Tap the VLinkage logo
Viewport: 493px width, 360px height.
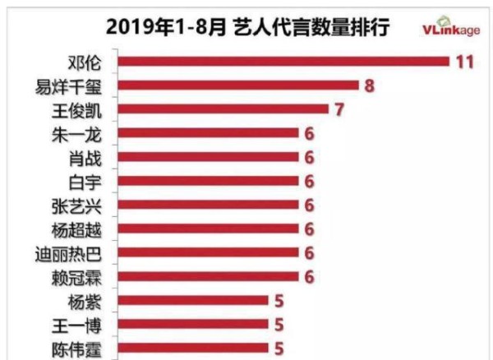click(x=451, y=27)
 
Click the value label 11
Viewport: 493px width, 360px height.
click(x=466, y=62)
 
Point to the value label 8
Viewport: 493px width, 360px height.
click(x=370, y=85)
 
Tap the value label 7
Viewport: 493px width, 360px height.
click(x=339, y=109)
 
